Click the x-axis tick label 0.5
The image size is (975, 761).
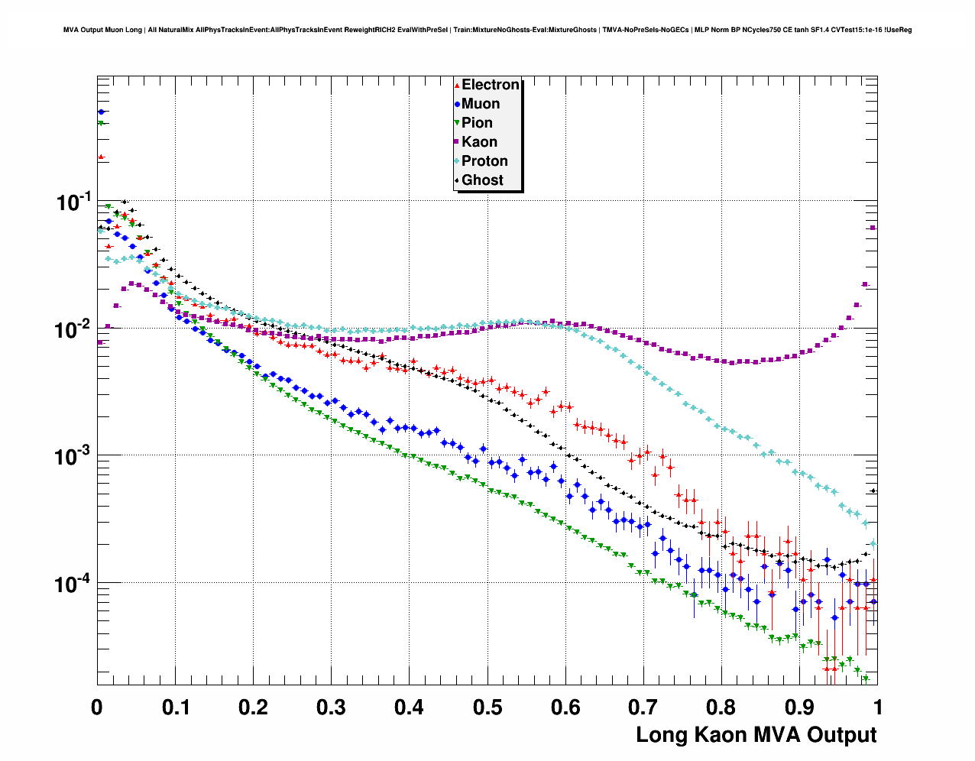pos(487,708)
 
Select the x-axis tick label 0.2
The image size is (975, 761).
pos(253,708)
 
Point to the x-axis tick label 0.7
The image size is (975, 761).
pos(643,708)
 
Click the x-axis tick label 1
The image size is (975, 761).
pos(878,708)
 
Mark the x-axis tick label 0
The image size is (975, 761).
pos(97,708)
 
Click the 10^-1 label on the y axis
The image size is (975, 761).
pos(73,202)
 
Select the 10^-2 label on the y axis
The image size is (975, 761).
pos(73,330)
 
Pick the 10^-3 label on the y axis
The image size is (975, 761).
pos(73,457)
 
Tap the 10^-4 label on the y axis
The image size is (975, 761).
pos(73,585)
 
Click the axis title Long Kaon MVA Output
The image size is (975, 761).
pos(756,735)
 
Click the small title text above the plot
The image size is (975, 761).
pos(487,30)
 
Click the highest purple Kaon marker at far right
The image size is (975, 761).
pos(873,228)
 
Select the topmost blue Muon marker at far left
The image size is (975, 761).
pos(101,112)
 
